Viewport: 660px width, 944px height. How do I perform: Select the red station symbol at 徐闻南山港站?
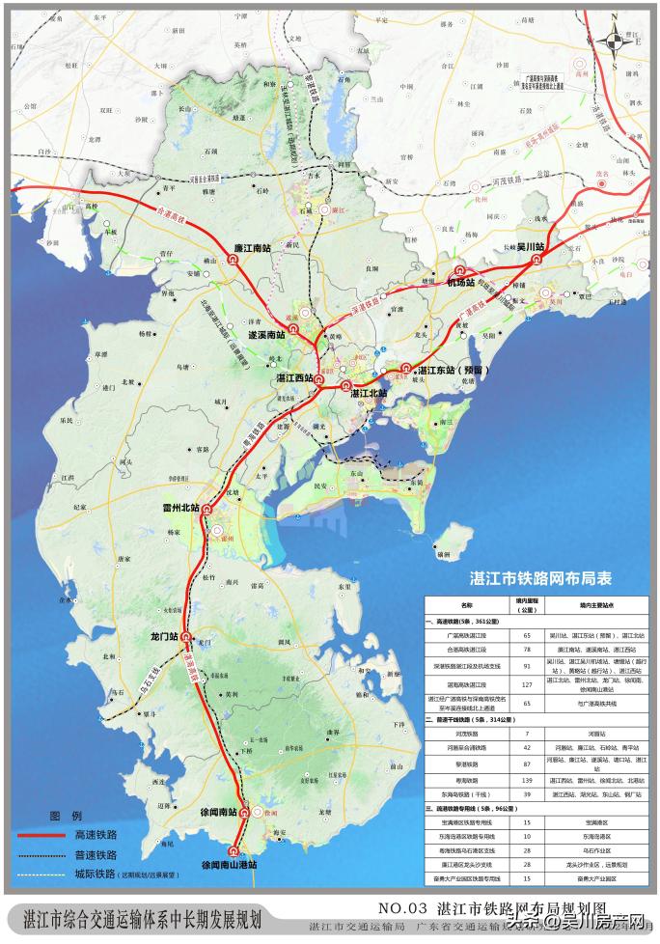tap(233, 851)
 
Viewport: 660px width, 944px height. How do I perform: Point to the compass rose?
tap(612, 40)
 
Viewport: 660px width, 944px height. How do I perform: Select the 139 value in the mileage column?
tap(527, 779)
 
